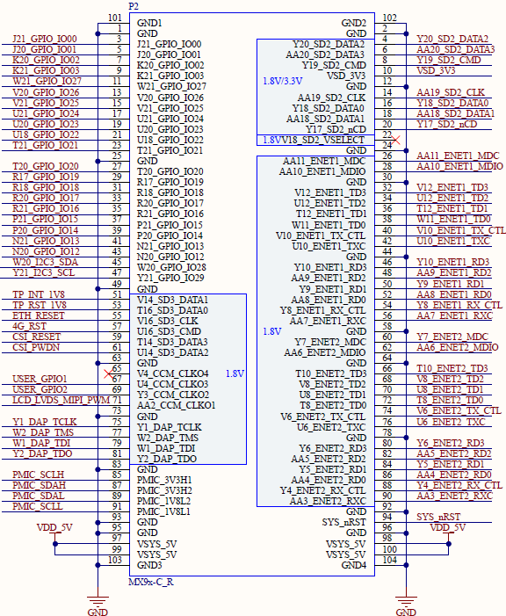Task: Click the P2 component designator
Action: click(x=134, y=6)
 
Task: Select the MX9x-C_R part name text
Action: click(x=151, y=582)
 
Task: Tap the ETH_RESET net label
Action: click(x=38, y=315)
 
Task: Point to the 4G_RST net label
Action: click(x=29, y=327)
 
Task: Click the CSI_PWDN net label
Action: click(x=36, y=348)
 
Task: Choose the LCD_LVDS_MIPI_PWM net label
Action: click(x=61, y=401)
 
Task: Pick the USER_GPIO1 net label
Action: click(x=40, y=379)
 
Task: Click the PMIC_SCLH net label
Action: click(x=38, y=475)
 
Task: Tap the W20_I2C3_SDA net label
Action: click(x=45, y=263)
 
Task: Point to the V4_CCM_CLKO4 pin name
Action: click(x=172, y=373)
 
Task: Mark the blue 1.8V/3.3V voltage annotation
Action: click(x=283, y=82)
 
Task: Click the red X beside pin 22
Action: click(x=395, y=140)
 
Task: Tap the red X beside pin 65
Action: click(x=108, y=373)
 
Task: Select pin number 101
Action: click(x=115, y=18)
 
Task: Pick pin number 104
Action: click(x=389, y=560)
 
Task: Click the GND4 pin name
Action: click(x=353, y=565)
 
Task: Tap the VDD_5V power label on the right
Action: click(x=447, y=527)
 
